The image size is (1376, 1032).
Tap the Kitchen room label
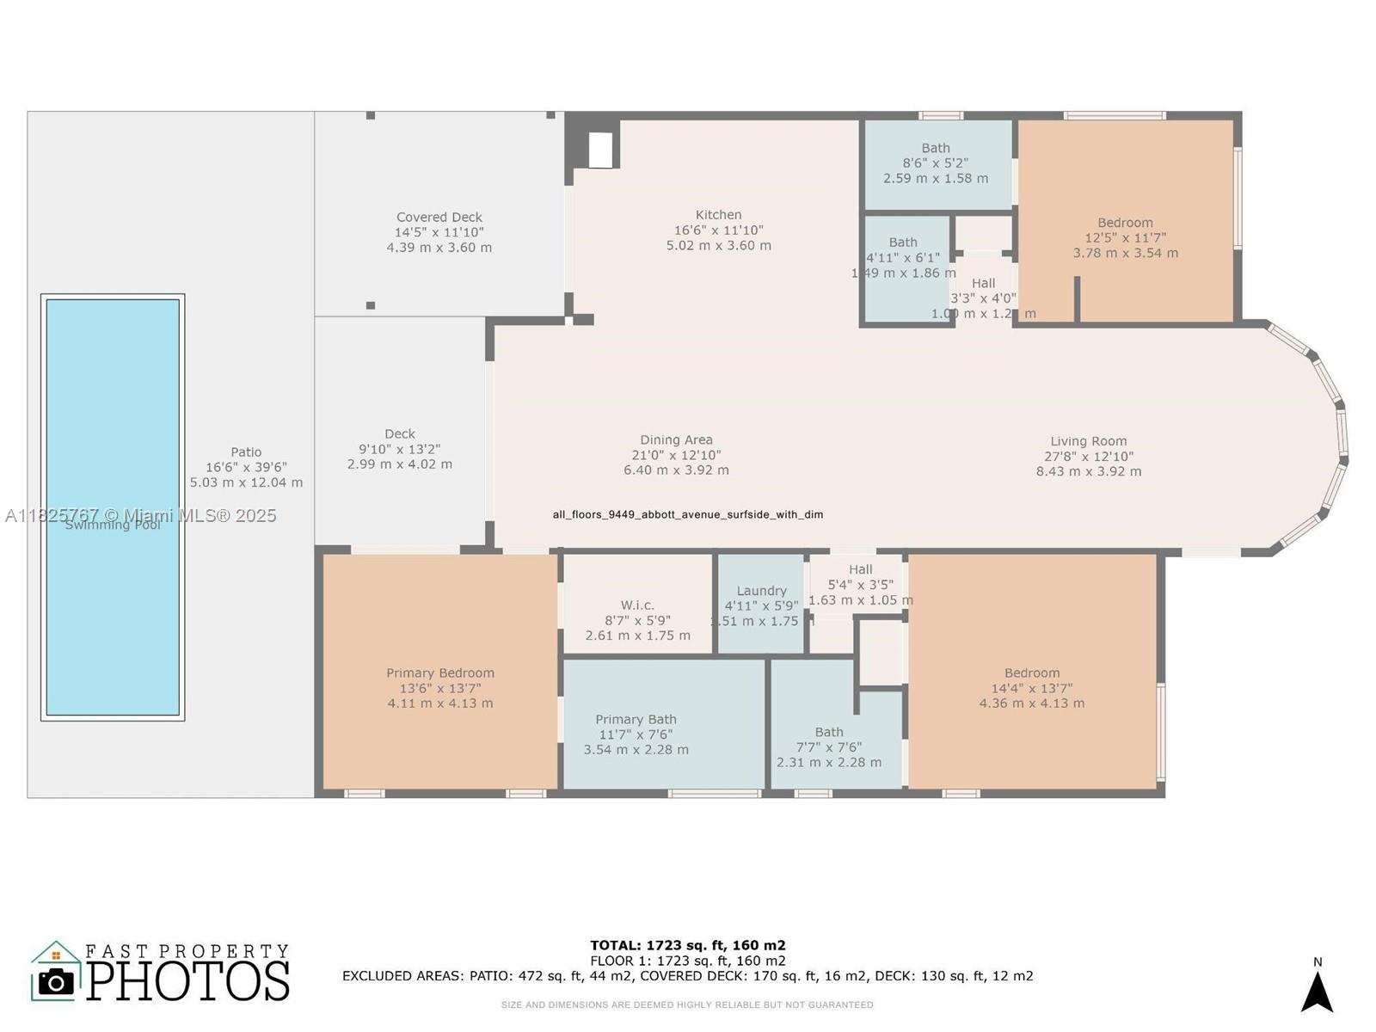(x=718, y=215)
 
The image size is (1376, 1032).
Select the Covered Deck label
(x=439, y=218)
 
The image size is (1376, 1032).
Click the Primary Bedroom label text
(x=439, y=673)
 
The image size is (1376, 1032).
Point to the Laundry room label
(x=761, y=591)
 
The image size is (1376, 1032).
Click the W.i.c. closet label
(x=637, y=605)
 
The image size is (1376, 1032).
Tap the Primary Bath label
(x=636, y=720)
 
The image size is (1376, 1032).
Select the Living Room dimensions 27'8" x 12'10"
(x=1088, y=457)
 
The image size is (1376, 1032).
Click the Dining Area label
(x=676, y=440)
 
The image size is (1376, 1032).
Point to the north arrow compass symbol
(x=1317, y=991)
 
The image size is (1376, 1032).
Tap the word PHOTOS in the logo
(x=187, y=980)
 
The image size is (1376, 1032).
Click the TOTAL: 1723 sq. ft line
(x=687, y=945)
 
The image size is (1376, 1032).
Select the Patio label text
(x=246, y=452)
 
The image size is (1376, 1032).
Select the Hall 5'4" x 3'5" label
(x=860, y=569)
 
